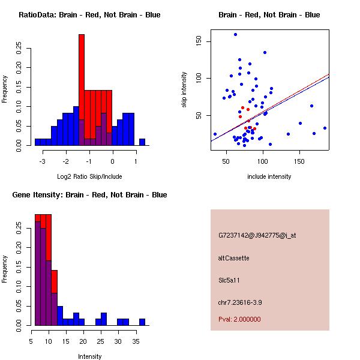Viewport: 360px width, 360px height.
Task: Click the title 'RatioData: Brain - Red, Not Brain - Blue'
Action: [x=89, y=15]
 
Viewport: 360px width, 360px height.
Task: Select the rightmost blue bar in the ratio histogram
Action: [x=142, y=142]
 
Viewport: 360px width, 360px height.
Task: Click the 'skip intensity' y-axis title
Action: [x=184, y=90]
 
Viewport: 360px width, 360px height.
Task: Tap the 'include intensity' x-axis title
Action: [x=269, y=176]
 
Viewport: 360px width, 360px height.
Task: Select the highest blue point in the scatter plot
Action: [x=235, y=34]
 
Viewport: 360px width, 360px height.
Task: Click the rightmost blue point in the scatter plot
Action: [x=325, y=128]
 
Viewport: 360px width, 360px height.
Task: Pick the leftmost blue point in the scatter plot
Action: [x=215, y=134]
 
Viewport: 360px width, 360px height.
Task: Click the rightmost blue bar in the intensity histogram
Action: [x=142, y=322]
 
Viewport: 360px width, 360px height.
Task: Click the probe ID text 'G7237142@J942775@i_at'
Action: [x=257, y=235]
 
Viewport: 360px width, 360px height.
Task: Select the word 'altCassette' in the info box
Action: [x=233, y=258]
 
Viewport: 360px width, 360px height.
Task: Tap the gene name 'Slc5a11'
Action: [x=229, y=280]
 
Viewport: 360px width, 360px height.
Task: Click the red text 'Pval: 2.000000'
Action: [x=239, y=319]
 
